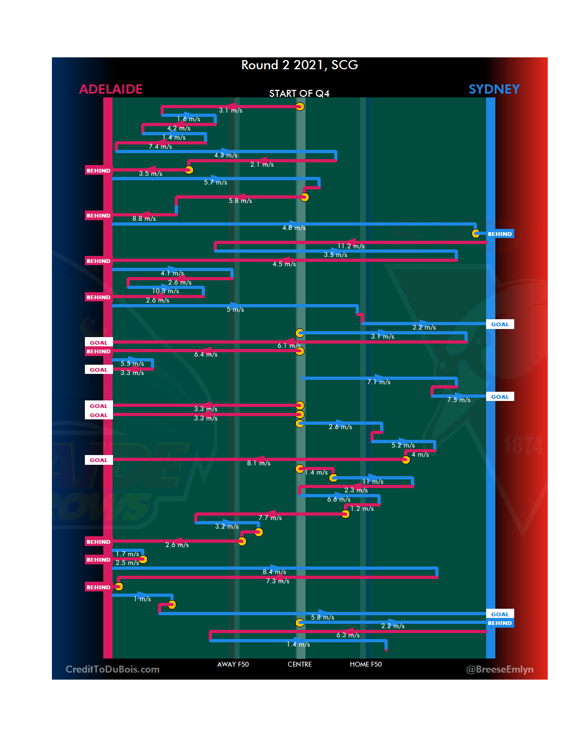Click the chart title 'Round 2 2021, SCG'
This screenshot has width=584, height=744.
point(300,65)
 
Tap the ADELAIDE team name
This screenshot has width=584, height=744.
point(111,89)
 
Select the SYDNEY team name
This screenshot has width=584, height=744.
point(494,89)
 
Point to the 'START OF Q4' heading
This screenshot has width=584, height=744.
point(299,94)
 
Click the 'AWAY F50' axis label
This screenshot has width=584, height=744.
point(233,664)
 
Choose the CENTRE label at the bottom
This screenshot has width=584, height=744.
point(300,664)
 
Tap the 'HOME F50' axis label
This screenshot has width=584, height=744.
point(366,664)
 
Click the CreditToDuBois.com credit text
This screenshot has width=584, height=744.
point(112,669)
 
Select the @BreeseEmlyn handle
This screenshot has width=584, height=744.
point(500,669)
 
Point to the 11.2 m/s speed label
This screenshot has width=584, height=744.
point(351,246)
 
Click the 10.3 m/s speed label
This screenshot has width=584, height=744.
point(165,291)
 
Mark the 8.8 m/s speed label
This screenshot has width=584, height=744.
point(144,219)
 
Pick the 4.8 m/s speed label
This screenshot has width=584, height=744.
point(294,228)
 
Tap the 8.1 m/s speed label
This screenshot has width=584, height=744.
point(258,463)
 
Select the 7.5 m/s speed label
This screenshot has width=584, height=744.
point(459,400)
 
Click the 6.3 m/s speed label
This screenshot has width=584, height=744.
point(348,635)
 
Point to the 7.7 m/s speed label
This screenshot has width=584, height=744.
point(270,518)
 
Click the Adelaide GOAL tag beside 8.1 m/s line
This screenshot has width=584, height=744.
point(98,460)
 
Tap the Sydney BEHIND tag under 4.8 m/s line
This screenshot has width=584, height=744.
point(500,234)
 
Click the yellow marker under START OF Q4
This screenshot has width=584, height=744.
point(300,107)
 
